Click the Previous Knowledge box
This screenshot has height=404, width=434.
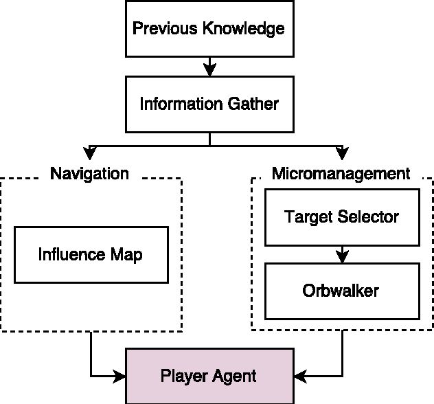point(208,30)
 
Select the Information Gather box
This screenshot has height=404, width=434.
point(209,104)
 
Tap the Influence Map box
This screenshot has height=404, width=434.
point(91,254)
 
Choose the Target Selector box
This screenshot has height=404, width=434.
point(341,217)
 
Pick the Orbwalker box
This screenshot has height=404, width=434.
point(341,291)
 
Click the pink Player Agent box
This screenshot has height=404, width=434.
point(208,376)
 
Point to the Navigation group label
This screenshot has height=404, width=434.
point(89,173)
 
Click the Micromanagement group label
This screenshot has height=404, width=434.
point(341,173)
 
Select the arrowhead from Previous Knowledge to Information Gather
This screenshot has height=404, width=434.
point(209,69)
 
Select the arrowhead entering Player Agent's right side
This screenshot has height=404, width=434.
point(298,376)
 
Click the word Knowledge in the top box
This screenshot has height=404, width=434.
point(247,30)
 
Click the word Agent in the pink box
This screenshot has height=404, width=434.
point(233,376)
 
